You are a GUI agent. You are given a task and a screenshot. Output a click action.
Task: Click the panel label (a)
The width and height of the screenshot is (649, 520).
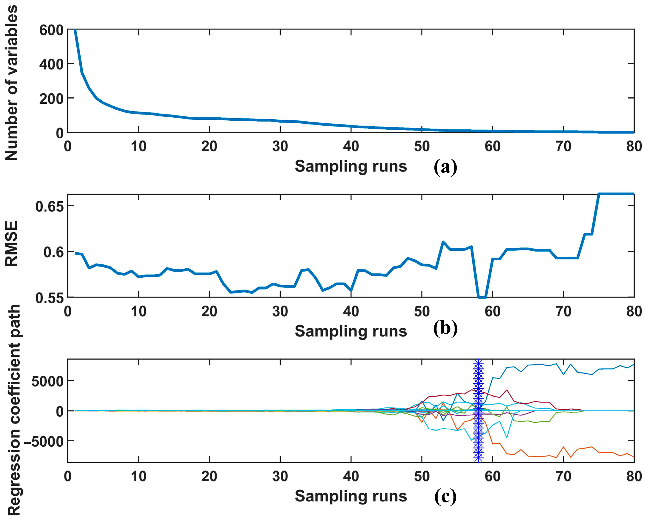coord(445,167)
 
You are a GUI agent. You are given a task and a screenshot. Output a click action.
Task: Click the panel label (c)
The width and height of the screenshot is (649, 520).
coord(445,496)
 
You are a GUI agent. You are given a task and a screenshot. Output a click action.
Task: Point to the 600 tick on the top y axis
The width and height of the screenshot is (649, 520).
coord(51,30)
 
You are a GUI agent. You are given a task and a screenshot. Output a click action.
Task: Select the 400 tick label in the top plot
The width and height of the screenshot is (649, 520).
coord(51,64)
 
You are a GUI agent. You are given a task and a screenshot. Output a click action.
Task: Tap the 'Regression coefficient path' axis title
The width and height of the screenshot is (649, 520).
coord(13,412)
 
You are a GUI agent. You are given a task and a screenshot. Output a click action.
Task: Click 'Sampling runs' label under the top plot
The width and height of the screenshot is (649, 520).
coord(351,166)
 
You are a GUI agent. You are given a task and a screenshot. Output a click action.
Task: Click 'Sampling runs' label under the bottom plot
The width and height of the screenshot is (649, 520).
coord(351,496)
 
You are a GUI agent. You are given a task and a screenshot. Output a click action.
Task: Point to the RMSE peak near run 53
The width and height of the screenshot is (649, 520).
coord(443,242)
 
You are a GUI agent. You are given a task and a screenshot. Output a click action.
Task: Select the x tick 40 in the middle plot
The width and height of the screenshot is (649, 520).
coord(351,312)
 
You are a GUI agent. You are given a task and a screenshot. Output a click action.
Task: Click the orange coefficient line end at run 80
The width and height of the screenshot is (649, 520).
coord(633,457)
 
